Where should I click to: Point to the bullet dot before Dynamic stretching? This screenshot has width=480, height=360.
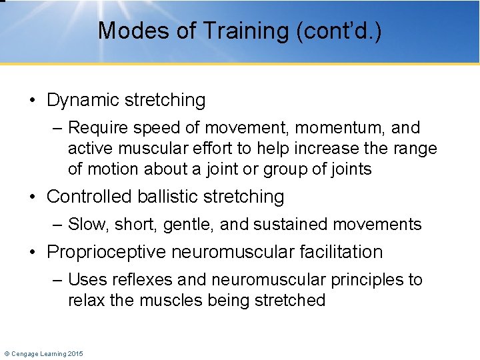click(x=33, y=101)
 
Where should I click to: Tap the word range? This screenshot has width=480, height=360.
click(x=413, y=148)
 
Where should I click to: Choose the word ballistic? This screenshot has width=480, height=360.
click(x=159, y=197)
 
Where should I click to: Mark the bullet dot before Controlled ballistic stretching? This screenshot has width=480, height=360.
click(x=33, y=197)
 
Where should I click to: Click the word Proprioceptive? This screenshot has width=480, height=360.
click(x=107, y=252)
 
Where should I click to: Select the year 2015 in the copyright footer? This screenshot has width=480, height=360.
click(x=75, y=353)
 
